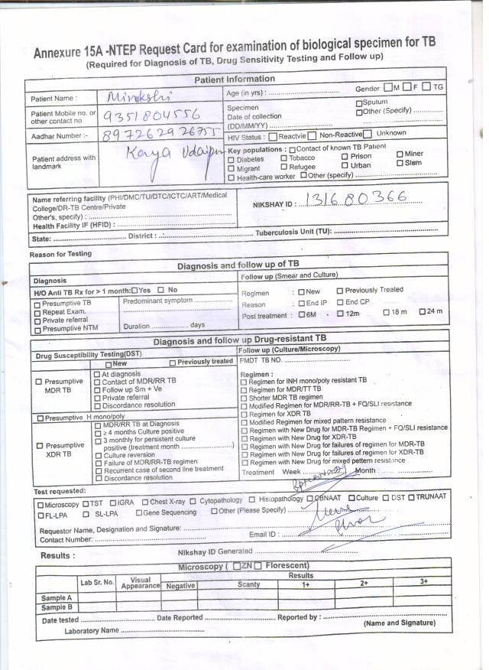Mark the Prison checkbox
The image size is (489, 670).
345,157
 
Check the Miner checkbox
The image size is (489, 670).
399,154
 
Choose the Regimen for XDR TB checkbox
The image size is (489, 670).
244,414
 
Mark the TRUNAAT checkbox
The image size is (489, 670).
411,497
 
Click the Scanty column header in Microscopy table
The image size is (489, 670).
248,584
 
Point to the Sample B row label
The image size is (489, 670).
57,607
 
